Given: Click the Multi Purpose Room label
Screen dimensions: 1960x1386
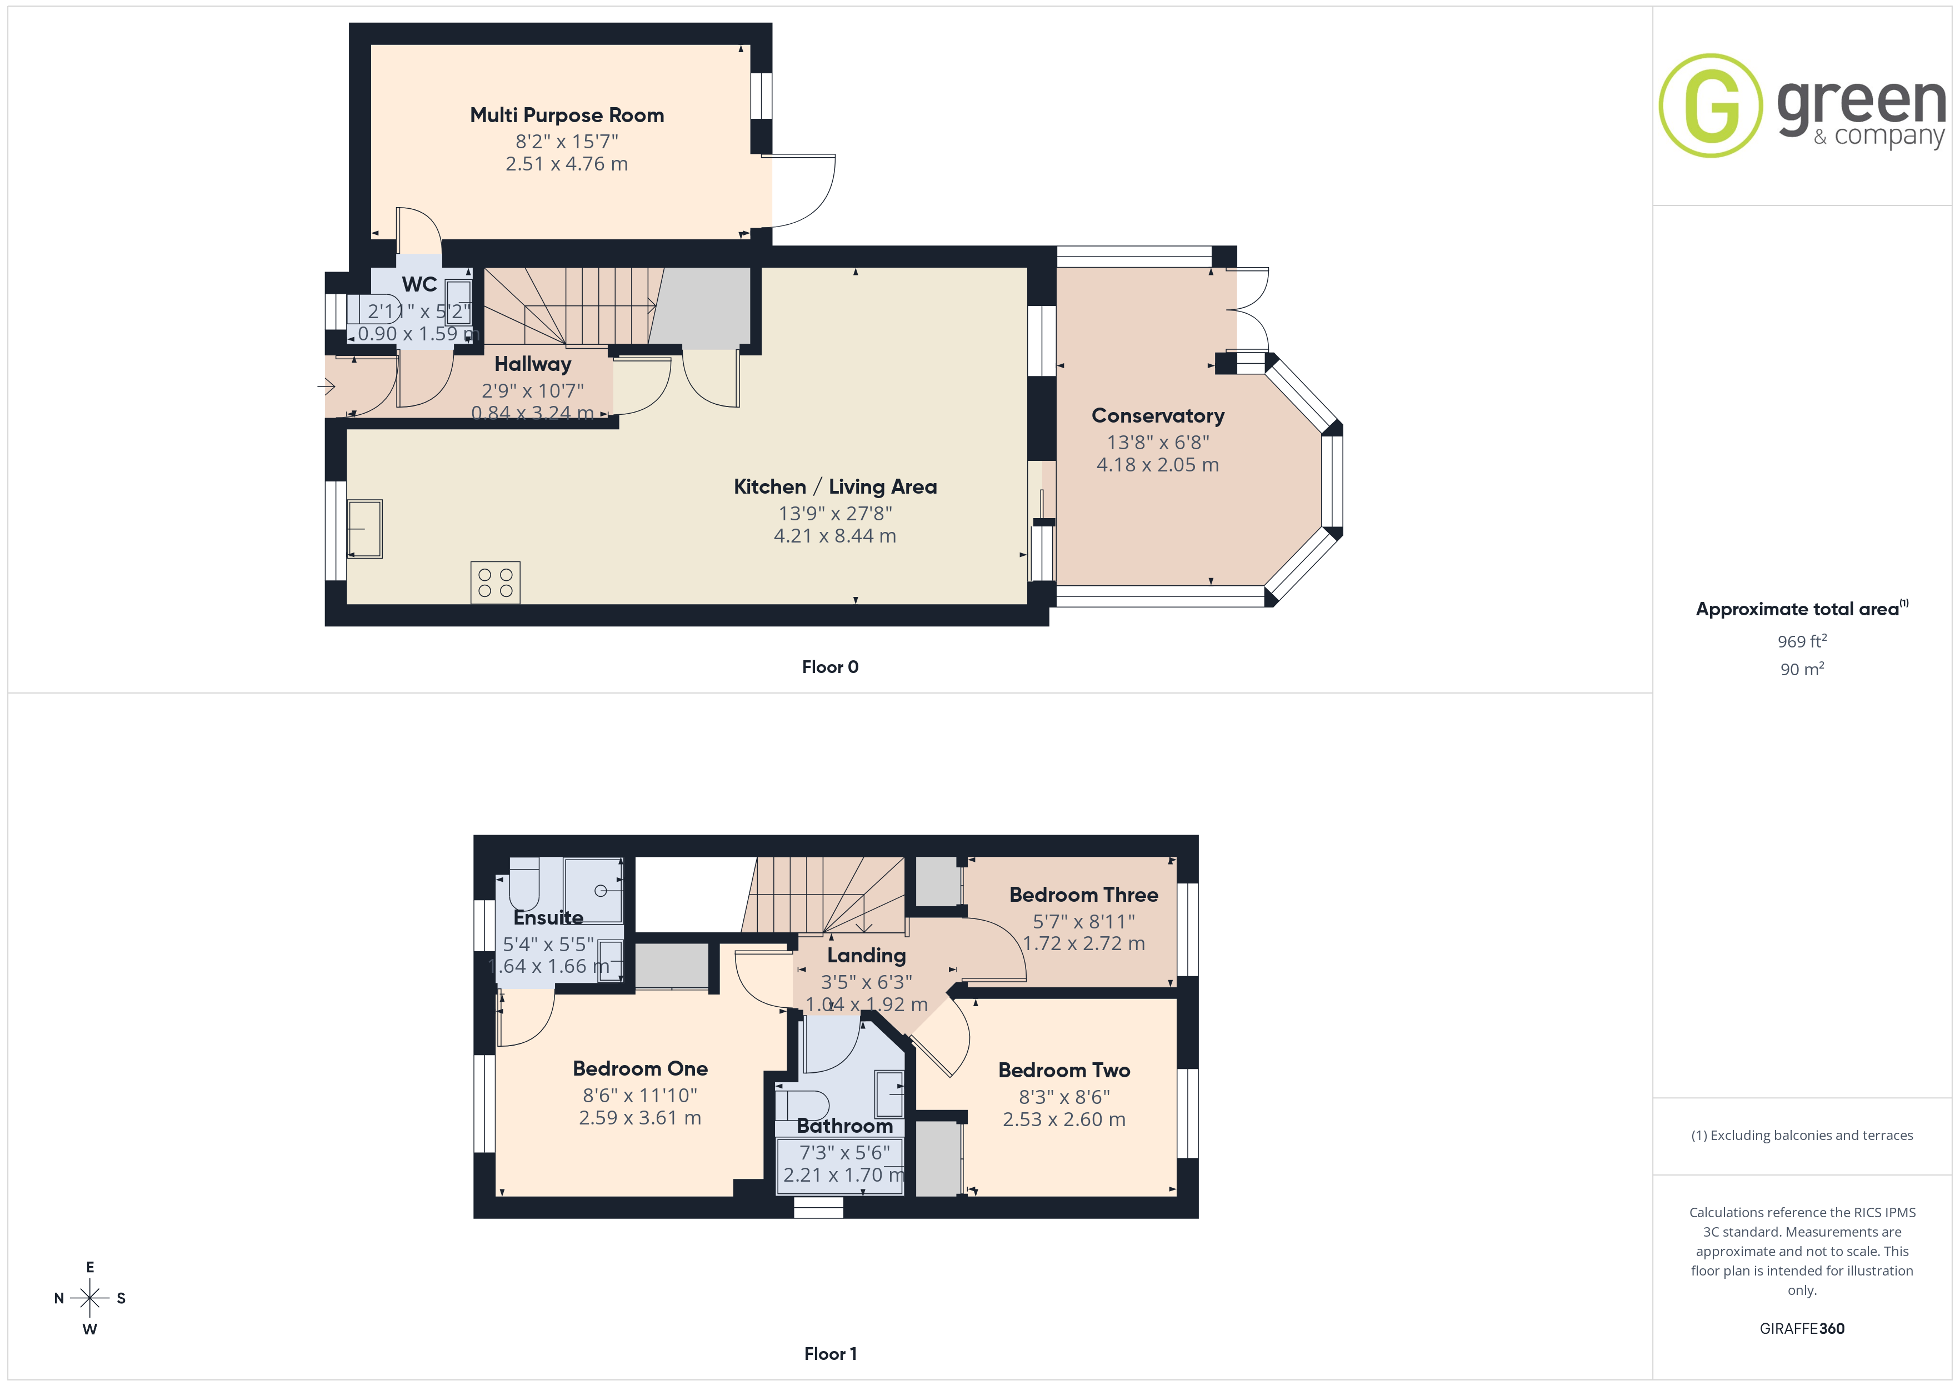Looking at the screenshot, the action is coord(567,115).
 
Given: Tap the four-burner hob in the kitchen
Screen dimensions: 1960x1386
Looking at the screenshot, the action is coord(495,583).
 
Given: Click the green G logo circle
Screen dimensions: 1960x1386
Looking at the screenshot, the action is coord(1710,106).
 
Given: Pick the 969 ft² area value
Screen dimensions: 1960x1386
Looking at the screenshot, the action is coord(1802,641).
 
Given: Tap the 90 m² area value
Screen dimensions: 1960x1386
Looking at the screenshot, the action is coord(1802,669).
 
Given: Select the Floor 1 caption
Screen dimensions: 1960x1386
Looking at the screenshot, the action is coord(830,1354).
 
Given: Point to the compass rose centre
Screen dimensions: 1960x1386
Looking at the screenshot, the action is coord(89,1298).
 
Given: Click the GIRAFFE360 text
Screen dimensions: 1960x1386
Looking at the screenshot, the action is coord(1802,1329).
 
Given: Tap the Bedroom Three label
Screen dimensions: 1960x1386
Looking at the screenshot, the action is coord(1083,895).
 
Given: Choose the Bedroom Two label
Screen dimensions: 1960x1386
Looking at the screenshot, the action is coord(1064,1070).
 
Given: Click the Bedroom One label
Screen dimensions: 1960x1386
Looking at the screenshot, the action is coord(640,1068).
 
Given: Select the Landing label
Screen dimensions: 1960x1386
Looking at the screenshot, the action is coord(867,956).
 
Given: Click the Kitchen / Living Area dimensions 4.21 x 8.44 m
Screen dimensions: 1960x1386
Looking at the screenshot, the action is coord(835,536).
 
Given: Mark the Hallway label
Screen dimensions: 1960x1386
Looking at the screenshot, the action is coord(533,364).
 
